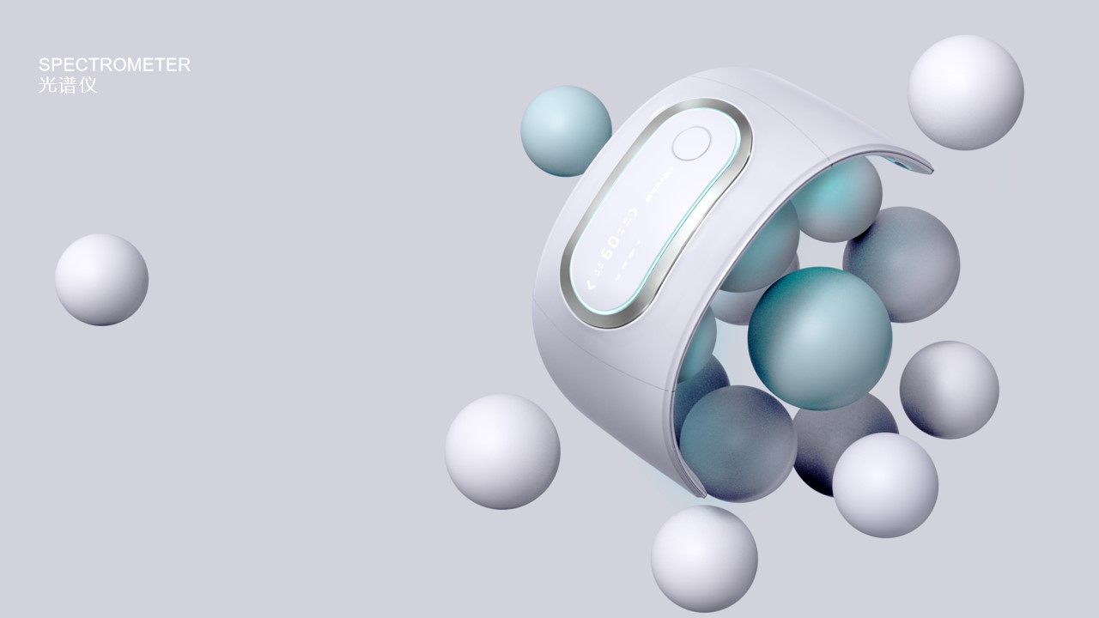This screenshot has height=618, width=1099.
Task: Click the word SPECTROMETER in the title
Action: point(114,64)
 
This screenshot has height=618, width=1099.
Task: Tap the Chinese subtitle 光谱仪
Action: point(68,86)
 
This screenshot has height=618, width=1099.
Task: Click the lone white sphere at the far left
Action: point(101,280)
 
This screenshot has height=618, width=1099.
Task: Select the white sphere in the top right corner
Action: point(965,92)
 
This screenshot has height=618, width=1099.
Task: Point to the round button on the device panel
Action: point(691,143)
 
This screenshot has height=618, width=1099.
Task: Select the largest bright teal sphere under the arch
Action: point(819,337)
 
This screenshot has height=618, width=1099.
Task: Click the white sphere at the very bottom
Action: point(704,558)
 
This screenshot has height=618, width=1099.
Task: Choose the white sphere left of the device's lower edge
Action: point(502,451)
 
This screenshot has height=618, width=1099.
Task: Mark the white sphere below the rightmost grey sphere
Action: point(884,485)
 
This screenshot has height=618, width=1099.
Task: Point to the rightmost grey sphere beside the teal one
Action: point(949,389)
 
